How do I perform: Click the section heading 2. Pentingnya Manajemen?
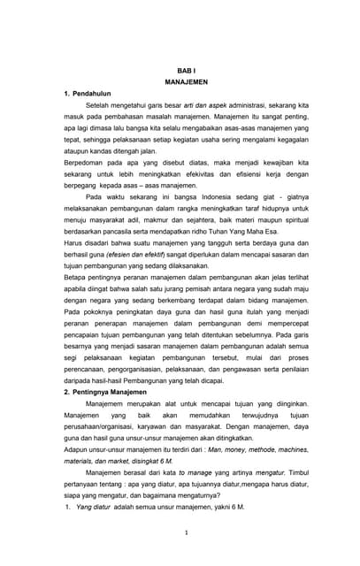[x=103, y=390]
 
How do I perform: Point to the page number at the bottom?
[x=180, y=532]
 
